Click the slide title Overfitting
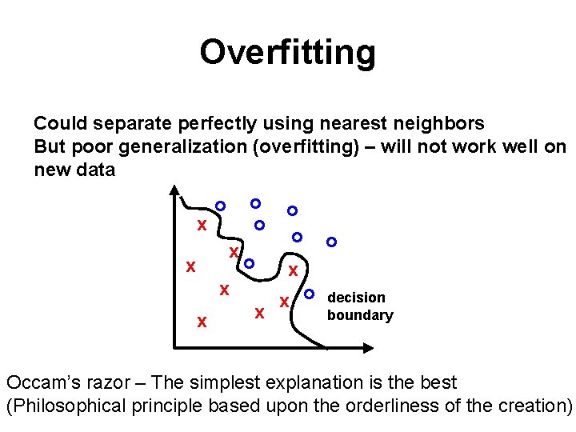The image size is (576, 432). click(x=287, y=53)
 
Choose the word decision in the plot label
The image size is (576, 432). click(x=357, y=298)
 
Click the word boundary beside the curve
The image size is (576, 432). click(x=360, y=315)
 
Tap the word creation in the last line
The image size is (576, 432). click(x=528, y=406)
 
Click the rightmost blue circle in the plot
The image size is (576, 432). click(x=331, y=242)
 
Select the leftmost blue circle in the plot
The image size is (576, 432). click(x=221, y=206)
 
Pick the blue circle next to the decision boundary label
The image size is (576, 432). click(x=310, y=294)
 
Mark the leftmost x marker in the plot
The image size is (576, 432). click(x=190, y=267)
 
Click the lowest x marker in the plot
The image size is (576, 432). click(x=202, y=322)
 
